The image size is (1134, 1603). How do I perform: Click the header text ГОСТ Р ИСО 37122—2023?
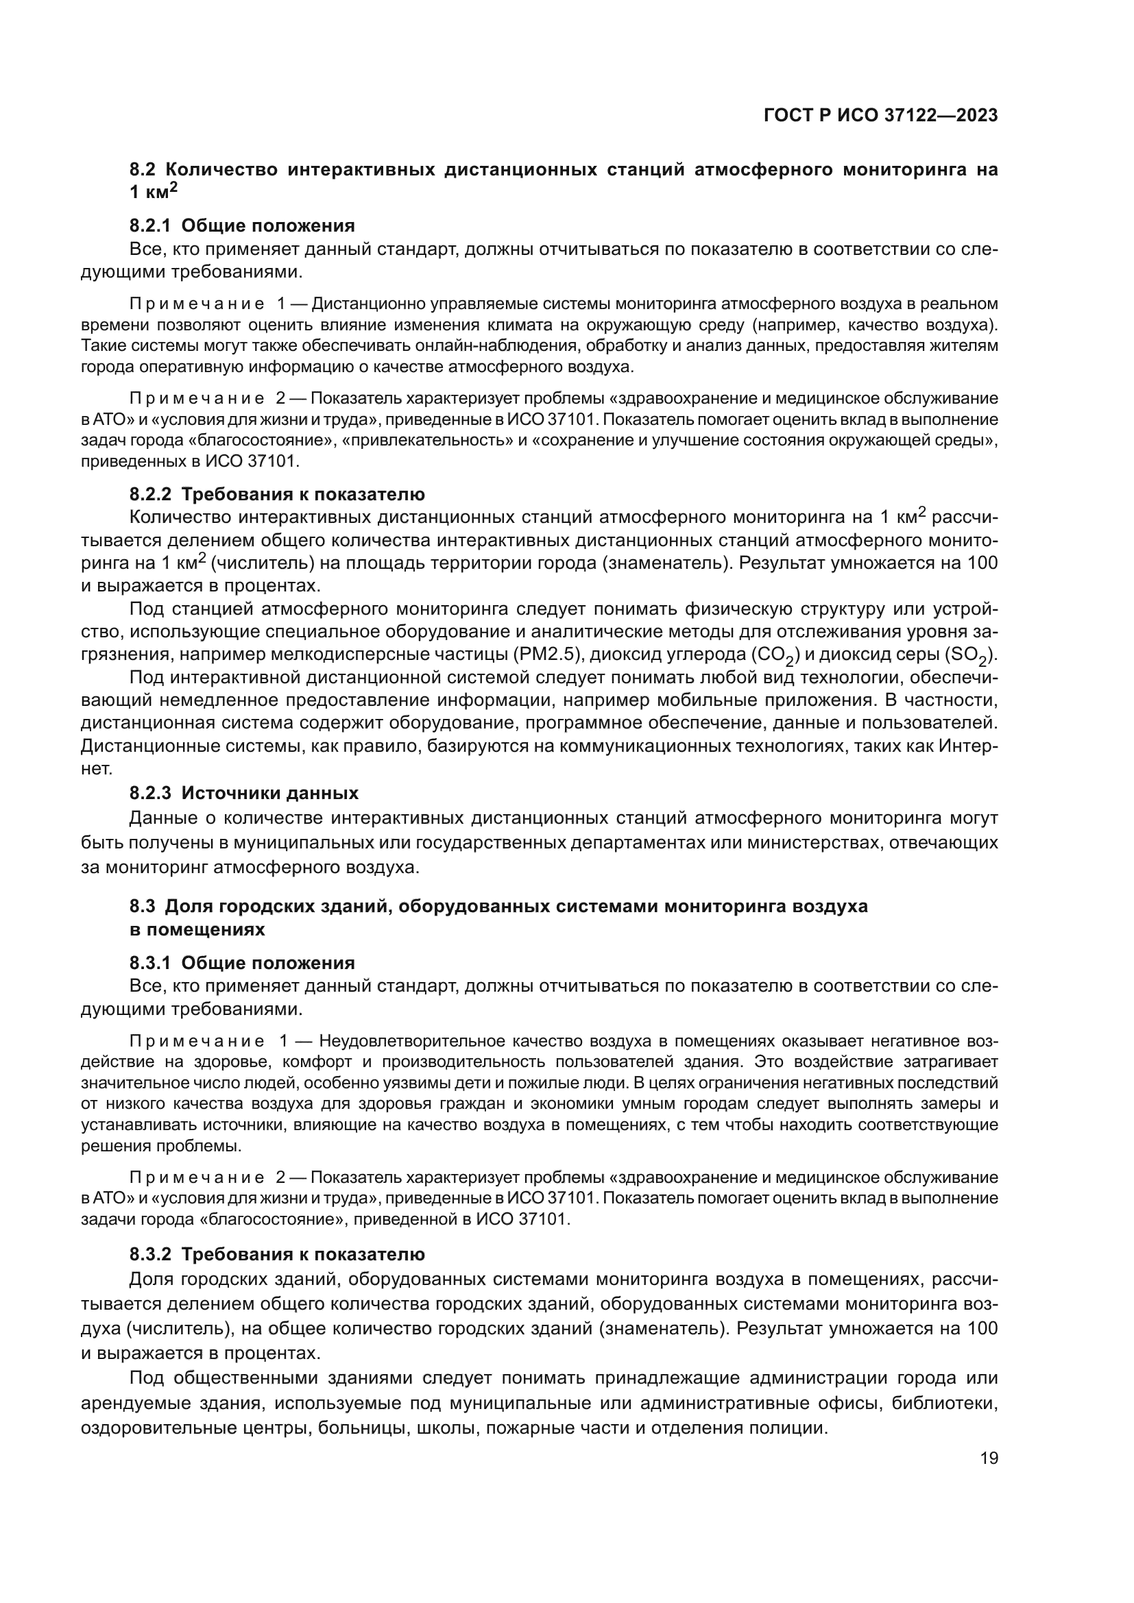880,116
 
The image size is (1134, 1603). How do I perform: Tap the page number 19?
989,1458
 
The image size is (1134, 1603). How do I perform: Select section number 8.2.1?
150,225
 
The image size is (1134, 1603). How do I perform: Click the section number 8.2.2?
150,494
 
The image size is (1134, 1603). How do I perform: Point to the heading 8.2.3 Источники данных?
243,793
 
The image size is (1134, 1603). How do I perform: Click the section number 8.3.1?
150,963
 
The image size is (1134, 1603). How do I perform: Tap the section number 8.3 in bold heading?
143,906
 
